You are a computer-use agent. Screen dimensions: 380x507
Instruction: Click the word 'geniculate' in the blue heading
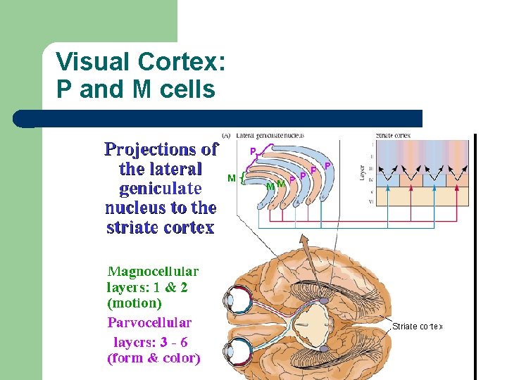(x=161, y=189)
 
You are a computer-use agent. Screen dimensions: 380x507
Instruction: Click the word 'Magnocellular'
(x=153, y=271)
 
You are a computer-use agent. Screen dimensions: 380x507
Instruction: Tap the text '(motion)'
(x=134, y=304)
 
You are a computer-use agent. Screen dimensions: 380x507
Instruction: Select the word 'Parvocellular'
(x=149, y=323)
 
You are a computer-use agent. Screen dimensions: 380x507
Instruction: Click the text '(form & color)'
(x=154, y=358)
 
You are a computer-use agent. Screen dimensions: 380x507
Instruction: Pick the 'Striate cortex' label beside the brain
(x=417, y=326)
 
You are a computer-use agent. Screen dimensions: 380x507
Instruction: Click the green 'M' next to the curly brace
(x=232, y=179)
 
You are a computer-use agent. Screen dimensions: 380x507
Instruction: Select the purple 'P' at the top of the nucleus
(x=253, y=151)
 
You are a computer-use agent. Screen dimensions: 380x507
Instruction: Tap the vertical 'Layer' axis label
(x=363, y=172)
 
